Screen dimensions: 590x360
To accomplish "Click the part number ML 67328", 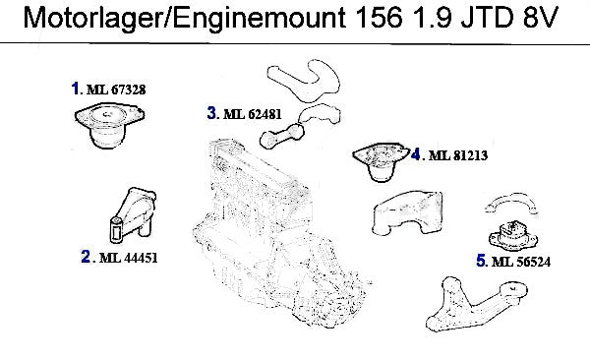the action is pos(116,90).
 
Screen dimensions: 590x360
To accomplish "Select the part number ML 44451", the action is pos(129,258).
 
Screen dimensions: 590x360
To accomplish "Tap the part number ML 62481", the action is pos(253,114).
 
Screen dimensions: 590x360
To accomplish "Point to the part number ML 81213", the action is pos(458,155).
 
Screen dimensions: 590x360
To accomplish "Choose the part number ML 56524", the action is pos(521,262).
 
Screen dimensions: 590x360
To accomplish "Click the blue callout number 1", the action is pos(76,89).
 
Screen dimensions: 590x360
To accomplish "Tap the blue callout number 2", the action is pos(86,257).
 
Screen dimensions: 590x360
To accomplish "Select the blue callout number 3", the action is pos(212,112).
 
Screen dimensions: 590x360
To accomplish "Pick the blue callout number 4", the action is pos(415,154).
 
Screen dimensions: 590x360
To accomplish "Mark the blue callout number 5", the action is pos(481,261).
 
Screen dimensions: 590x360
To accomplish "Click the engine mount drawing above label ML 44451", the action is pos(132,214).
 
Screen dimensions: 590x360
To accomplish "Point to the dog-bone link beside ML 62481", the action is pos(282,136).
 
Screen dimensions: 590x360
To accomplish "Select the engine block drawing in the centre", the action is pos(278,233).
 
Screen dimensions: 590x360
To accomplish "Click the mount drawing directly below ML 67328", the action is pos(109,127).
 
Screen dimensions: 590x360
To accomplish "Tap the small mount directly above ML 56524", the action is pos(513,237).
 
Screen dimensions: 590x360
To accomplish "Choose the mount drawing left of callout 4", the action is pos(381,161).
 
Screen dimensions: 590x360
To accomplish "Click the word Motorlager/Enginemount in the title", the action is pos(185,18).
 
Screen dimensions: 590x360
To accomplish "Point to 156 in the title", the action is pos(379,18).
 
